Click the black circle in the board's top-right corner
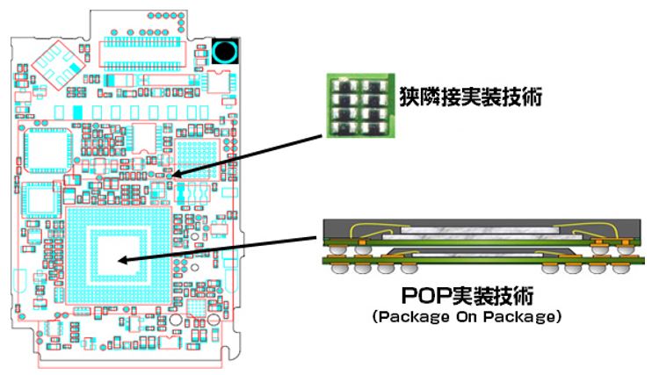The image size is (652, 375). pos(225,51)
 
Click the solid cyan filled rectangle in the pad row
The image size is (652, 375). pos(78,112)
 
